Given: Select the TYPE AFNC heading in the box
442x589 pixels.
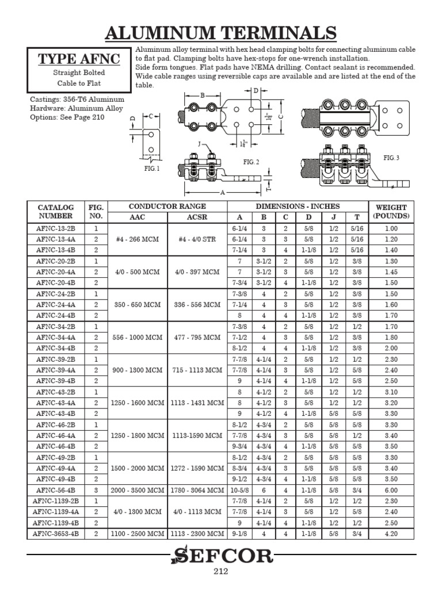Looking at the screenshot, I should pos(81,59).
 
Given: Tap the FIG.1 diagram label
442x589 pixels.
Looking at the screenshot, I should pos(152,169).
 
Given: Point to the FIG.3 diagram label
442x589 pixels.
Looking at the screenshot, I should pos(391,158).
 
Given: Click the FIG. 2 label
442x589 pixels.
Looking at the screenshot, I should pos(250,162).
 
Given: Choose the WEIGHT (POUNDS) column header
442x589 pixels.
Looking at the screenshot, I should pos(391,211).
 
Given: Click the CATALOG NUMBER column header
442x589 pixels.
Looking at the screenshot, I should pos(56,211).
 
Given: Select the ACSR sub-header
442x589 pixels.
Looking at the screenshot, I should pos(197,217).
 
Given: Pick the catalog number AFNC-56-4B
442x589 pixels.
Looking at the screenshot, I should pos(56,489).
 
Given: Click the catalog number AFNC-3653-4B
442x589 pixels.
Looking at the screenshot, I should pos(56,533).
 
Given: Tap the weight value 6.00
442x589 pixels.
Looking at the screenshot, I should pos(391,489).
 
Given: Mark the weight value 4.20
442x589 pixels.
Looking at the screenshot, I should pos(391,533).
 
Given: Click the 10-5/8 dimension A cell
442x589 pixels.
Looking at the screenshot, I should pos(239,489).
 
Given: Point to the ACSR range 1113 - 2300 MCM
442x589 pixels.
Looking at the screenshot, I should pos(197,533).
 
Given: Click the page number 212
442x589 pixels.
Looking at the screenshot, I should pos(221,571).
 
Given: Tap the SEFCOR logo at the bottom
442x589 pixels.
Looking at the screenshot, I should pos(221,556).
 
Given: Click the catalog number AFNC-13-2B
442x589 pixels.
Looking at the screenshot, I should pos(56,228).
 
